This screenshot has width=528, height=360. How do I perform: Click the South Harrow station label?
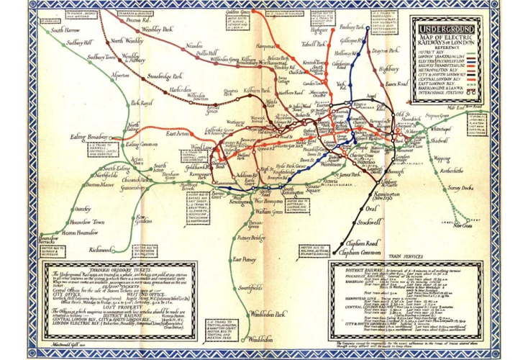(66, 31)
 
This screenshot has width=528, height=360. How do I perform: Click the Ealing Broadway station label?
(88, 137)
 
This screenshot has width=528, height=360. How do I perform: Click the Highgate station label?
(318, 30)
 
